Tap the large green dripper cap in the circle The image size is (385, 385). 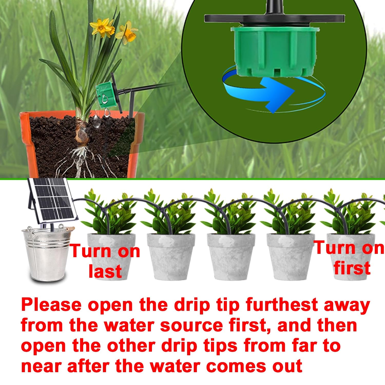pos(274,51)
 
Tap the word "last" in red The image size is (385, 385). pos(105,271)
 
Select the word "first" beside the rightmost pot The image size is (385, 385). pos(352,268)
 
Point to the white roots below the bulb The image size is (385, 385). pos(77,159)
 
